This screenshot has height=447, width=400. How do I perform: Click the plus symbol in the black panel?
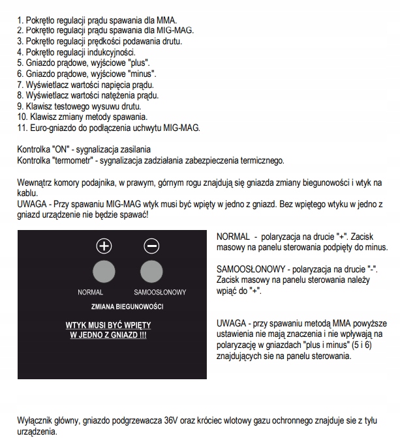click(x=104, y=246)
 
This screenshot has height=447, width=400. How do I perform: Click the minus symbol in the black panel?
click(x=151, y=246)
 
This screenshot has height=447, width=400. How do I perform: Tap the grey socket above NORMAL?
click(x=104, y=270)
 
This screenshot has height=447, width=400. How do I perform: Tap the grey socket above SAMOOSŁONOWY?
click(x=151, y=270)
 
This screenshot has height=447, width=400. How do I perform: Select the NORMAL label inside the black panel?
click(x=91, y=293)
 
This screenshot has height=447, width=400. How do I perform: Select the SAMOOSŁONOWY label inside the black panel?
click(x=161, y=293)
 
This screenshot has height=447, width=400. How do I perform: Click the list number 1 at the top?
click(x=19, y=20)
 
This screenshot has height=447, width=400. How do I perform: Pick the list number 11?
click(x=22, y=127)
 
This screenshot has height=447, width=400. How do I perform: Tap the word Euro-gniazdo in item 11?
click(x=52, y=127)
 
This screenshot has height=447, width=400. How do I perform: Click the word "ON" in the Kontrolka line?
click(x=63, y=149)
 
